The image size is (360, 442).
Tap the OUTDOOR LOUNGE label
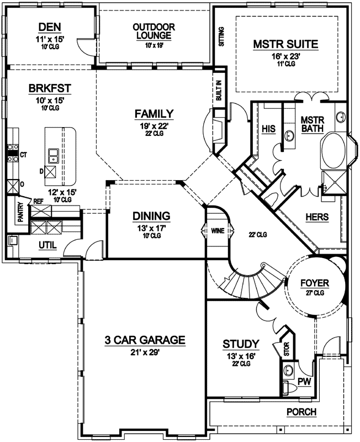(x=154, y=31)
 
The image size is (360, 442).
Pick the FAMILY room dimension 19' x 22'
(x=154, y=125)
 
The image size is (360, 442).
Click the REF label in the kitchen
(x=38, y=202)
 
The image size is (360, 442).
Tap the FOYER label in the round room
(x=315, y=283)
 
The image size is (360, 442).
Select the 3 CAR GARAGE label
(x=145, y=340)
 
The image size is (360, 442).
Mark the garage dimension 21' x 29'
(x=145, y=352)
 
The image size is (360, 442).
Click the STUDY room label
(x=240, y=344)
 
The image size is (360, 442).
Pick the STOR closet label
(x=286, y=349)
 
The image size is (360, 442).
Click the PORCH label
(x=301, y=412)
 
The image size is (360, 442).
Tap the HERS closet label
(x=317, y=217)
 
